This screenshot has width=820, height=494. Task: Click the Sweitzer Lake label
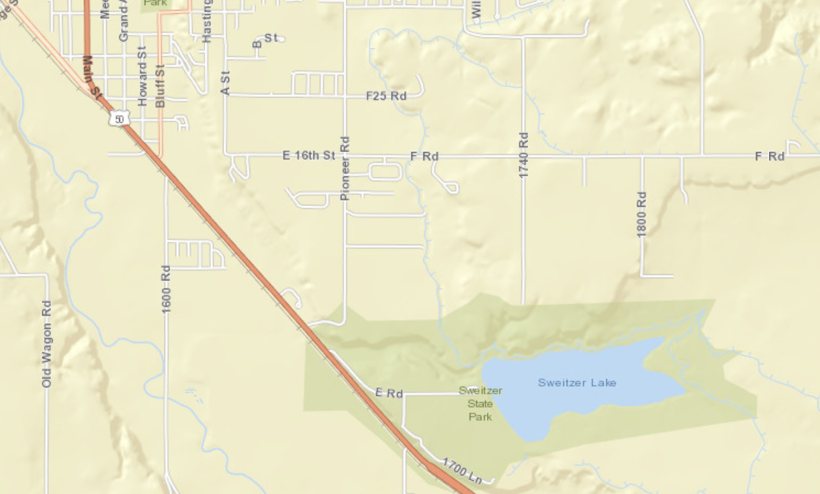[577, 382]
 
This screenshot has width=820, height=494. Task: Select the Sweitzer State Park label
[480, 403]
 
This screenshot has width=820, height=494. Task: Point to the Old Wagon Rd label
[47, 344]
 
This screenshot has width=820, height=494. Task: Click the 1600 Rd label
[166, 289]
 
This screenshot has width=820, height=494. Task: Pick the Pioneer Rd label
[345, 168]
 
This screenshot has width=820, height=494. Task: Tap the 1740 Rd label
[523, 155]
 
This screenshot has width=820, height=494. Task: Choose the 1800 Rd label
[642, 214]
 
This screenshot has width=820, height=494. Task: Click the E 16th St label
[309, 155]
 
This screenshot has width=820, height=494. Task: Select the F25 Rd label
[386, 96]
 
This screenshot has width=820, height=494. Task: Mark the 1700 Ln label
[462, 470]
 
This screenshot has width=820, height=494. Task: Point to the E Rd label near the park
[389, 393]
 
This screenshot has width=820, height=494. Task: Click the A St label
[225, 83]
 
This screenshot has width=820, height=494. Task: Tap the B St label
[265, 40]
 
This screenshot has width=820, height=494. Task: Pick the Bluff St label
[160, 85]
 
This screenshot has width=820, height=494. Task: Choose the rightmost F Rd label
[770, 156]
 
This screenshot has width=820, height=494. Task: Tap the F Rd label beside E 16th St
[425, 156]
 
